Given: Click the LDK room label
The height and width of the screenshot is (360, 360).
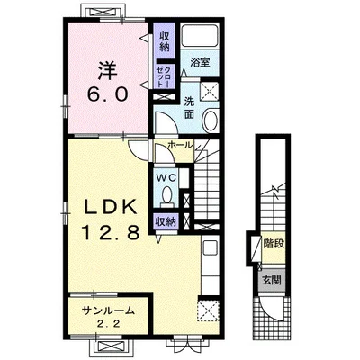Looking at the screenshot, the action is [110, 207].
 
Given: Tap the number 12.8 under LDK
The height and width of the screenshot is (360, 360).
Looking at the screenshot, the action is [111, 232].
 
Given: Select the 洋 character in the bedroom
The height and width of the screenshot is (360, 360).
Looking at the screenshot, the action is [107, 70].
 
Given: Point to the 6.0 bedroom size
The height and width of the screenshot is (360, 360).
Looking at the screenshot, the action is [107, 94].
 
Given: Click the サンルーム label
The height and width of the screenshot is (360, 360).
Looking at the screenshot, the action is [108, 310].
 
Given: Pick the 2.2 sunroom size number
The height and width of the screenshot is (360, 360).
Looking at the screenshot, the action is [108, 324].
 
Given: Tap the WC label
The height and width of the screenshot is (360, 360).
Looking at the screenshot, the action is [165, 177].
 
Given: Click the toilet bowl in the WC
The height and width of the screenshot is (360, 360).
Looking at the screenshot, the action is [166, 196].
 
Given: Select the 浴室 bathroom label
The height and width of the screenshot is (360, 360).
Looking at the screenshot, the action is [200, 62].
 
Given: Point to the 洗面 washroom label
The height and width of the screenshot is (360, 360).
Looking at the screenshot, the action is [189, 108].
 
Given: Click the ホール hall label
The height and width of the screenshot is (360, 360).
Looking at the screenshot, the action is [180, 145].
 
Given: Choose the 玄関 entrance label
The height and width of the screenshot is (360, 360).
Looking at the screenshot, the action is [272, 281].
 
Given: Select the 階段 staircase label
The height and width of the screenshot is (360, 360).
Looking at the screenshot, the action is [274, 244].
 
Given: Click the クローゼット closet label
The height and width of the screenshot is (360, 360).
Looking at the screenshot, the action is [165, 77].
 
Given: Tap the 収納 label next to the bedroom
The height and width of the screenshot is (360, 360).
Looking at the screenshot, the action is [165, 41].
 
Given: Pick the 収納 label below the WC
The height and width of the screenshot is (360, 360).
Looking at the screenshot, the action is [165, 221].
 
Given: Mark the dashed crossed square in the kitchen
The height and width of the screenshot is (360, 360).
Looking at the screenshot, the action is [209, 310].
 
